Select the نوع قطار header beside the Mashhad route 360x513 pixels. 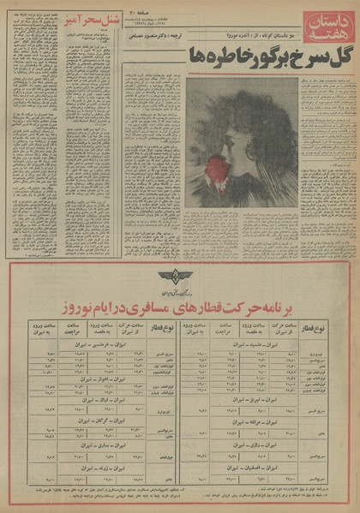333,329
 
